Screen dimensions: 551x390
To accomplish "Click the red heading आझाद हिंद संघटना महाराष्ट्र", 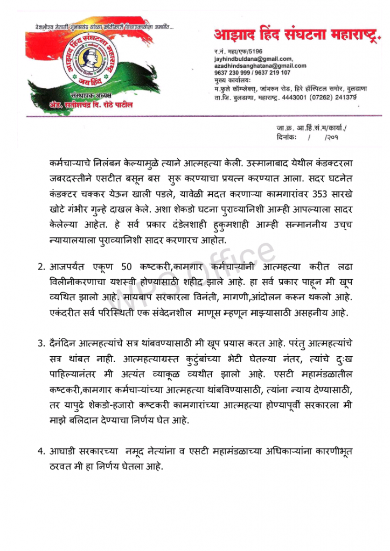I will [x=297, y=35].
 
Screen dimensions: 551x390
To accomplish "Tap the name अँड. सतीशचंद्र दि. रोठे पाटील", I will [x=81, y=105].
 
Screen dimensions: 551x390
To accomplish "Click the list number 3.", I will [x=41, y=343].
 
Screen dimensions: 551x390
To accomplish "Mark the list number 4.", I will [x=41, y=450].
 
